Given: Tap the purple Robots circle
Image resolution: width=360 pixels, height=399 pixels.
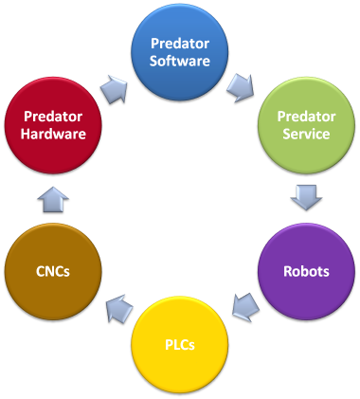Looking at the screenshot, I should click(x=304, y=271).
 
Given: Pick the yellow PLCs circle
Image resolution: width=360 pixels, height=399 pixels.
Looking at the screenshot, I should click(x=179, y=343).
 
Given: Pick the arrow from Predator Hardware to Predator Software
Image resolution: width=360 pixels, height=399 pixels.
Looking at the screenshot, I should click(x=115, y=87).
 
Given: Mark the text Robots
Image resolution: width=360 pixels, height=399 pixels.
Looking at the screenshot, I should click(x=304, y=271).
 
